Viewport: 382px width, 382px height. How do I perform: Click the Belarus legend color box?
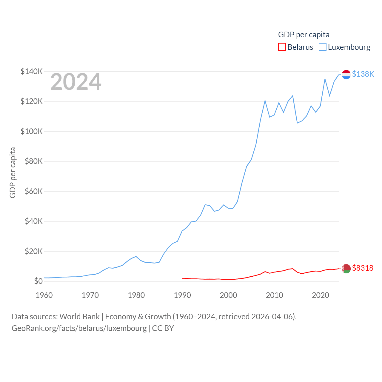point(282,47)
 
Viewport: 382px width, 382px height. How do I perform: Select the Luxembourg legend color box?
point(323,47)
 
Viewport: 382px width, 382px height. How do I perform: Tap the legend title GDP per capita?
point(304,35)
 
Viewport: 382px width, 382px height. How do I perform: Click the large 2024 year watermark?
point(76,82)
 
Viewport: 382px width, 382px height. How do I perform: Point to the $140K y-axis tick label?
point(32,71)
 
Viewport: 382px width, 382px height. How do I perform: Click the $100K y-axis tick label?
point(32,131)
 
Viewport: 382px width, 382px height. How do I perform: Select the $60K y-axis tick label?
point(33,191)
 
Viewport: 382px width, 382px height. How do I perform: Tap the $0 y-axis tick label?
point(38,281)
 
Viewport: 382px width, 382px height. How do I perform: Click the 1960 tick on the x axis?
point(44,295)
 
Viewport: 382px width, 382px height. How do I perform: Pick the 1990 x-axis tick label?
point(182,295)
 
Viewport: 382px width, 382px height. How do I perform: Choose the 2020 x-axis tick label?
point(321,295)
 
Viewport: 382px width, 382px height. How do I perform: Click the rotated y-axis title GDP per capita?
point(13,172)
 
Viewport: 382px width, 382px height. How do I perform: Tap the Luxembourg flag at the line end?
point(346,74)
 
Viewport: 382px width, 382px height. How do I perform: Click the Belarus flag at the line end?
point(346,269)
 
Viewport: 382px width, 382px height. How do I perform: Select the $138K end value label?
point(363,74)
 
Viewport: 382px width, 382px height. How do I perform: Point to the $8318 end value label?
point(363,268)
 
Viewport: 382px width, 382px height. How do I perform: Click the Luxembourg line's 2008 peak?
point(265,101)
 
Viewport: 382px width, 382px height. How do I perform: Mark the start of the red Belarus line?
point(182,278)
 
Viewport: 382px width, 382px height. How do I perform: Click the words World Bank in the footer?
point(79,316)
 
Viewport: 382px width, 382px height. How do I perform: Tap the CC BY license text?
point(163,328)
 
